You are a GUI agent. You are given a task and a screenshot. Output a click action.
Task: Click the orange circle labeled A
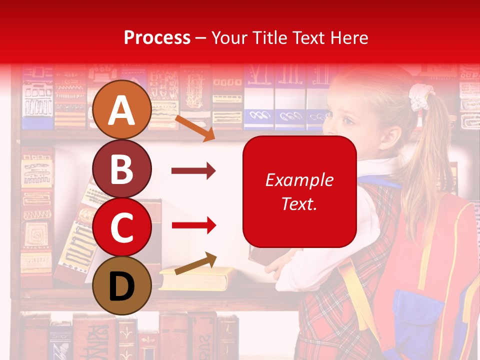click(122, 110)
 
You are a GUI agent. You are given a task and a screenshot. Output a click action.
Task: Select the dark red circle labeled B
click(122, 169)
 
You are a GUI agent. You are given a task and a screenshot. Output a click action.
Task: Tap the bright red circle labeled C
click(122, 227)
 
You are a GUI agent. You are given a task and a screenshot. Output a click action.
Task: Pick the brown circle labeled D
click(122, 286)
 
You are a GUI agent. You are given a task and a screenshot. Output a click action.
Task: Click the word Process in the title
click(157, 37)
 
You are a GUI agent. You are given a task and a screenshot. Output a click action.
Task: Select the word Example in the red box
click(299, 180)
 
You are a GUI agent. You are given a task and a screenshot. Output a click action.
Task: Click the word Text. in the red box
click(299, 203)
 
